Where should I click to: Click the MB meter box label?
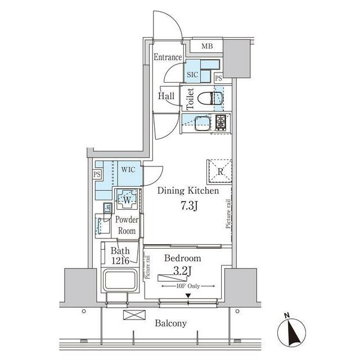(207, 46)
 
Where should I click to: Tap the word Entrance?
(168, 57)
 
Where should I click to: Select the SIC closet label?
(192, 75)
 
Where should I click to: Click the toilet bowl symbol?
(209, 98)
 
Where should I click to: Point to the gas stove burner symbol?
(220, 123)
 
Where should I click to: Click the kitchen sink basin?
(202, 123)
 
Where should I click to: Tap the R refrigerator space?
(220, 172)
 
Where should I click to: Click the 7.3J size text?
(189, 206)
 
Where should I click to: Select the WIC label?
(128, 170)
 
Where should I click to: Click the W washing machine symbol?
(127, 199)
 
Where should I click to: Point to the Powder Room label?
(127, 225)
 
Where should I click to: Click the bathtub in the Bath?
(120, 280)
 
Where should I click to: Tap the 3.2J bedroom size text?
(183, 272)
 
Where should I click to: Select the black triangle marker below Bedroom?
(188, 295)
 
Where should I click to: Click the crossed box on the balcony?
(134, 315)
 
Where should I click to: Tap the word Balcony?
(170, 323)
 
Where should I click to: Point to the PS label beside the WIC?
(97, 174)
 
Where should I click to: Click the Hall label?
(166, 96)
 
